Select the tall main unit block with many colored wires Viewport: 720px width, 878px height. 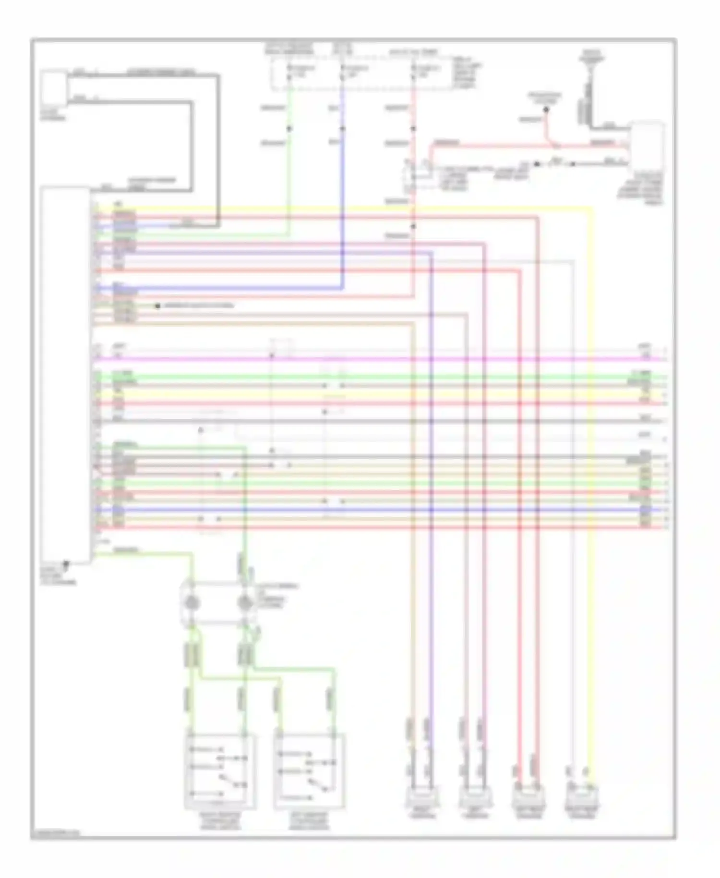(x=65, y=375)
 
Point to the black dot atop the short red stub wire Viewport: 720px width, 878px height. (x=546, y=110)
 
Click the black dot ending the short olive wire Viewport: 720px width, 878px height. (x=157, y=306)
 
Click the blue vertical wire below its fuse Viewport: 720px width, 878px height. (x=342, y=192)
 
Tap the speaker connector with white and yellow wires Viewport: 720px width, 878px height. (x=581, y=798)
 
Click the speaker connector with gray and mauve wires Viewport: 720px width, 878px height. (x=474, y=798)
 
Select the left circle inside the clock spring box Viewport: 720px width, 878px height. (x=192, y=603)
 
